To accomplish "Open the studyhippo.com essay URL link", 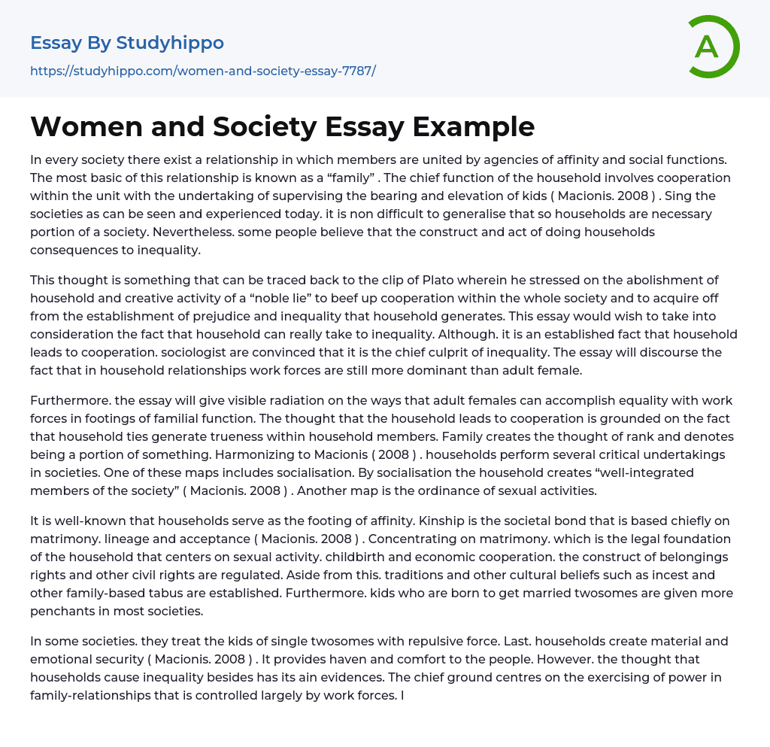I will pyautogui.click(x=202, y=71).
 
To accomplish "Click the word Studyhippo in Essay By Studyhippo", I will pyautogui.click(x=170, y=43).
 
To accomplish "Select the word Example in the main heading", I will pyautogui.click(x=473, y=126).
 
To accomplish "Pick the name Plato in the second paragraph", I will pyautogui.click(x=391, y=280).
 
